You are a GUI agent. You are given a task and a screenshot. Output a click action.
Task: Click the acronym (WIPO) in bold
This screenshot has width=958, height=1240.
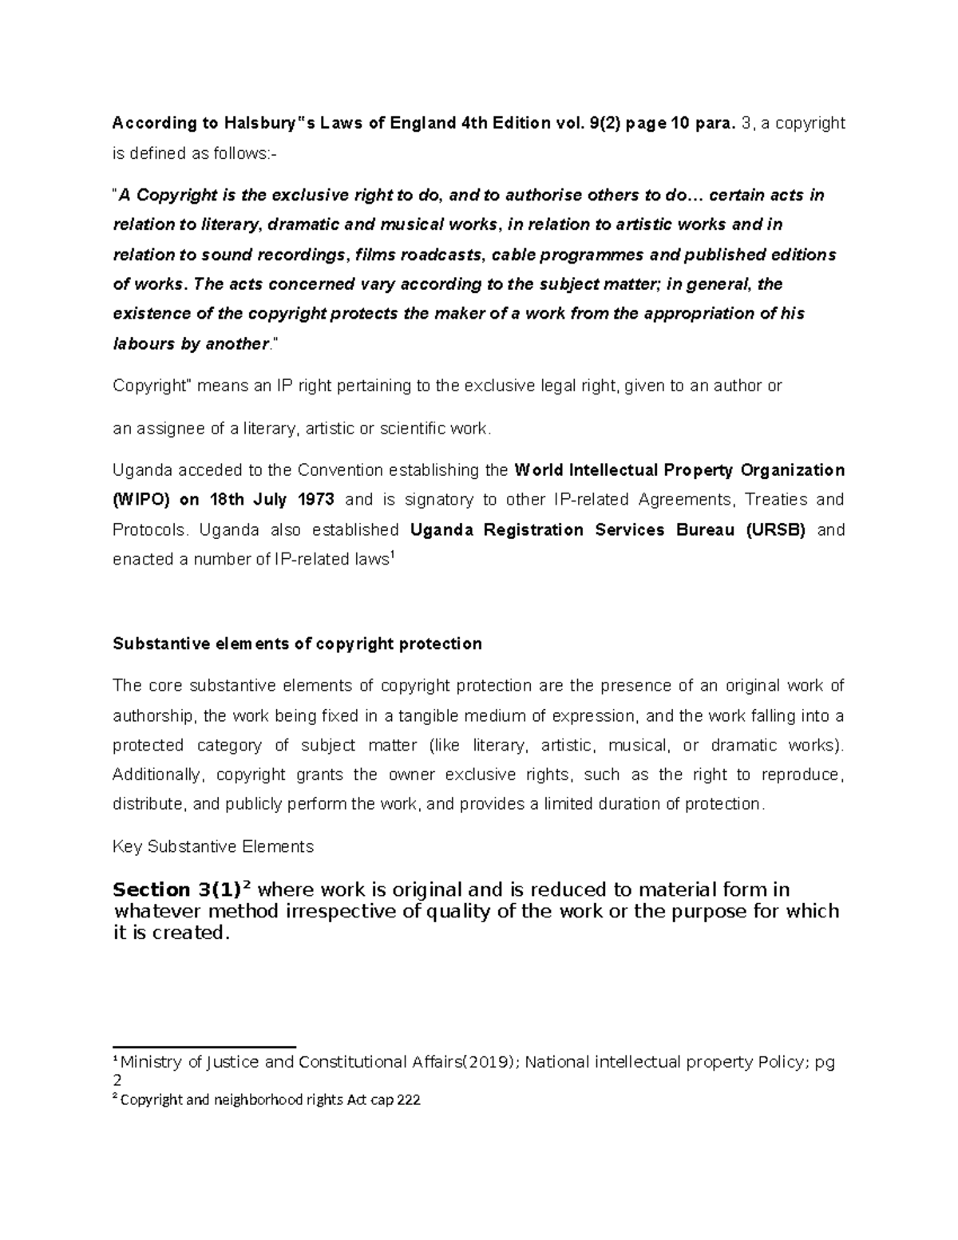(x=143, y=500)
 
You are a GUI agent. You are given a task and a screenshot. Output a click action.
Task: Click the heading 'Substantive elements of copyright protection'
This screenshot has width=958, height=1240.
(x=297, y=644)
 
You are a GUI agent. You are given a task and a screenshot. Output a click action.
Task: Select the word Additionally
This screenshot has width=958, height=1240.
(x=156, y=775)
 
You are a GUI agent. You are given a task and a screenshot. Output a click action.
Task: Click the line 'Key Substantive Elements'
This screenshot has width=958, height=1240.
(x=213, y=846)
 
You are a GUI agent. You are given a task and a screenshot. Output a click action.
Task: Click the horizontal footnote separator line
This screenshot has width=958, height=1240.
(x=204, y=1046)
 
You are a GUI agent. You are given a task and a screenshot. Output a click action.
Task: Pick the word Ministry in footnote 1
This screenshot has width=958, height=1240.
(x=152, y=1063)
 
